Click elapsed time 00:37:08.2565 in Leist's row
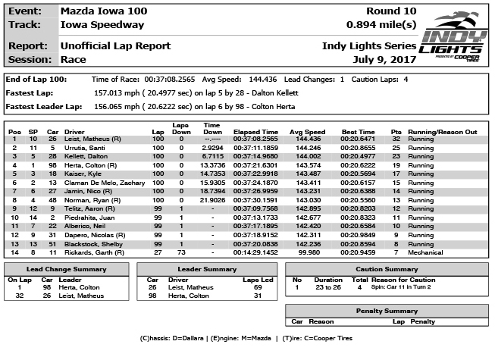(255, 139)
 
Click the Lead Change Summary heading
(55, 269)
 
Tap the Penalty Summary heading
(386, 310)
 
